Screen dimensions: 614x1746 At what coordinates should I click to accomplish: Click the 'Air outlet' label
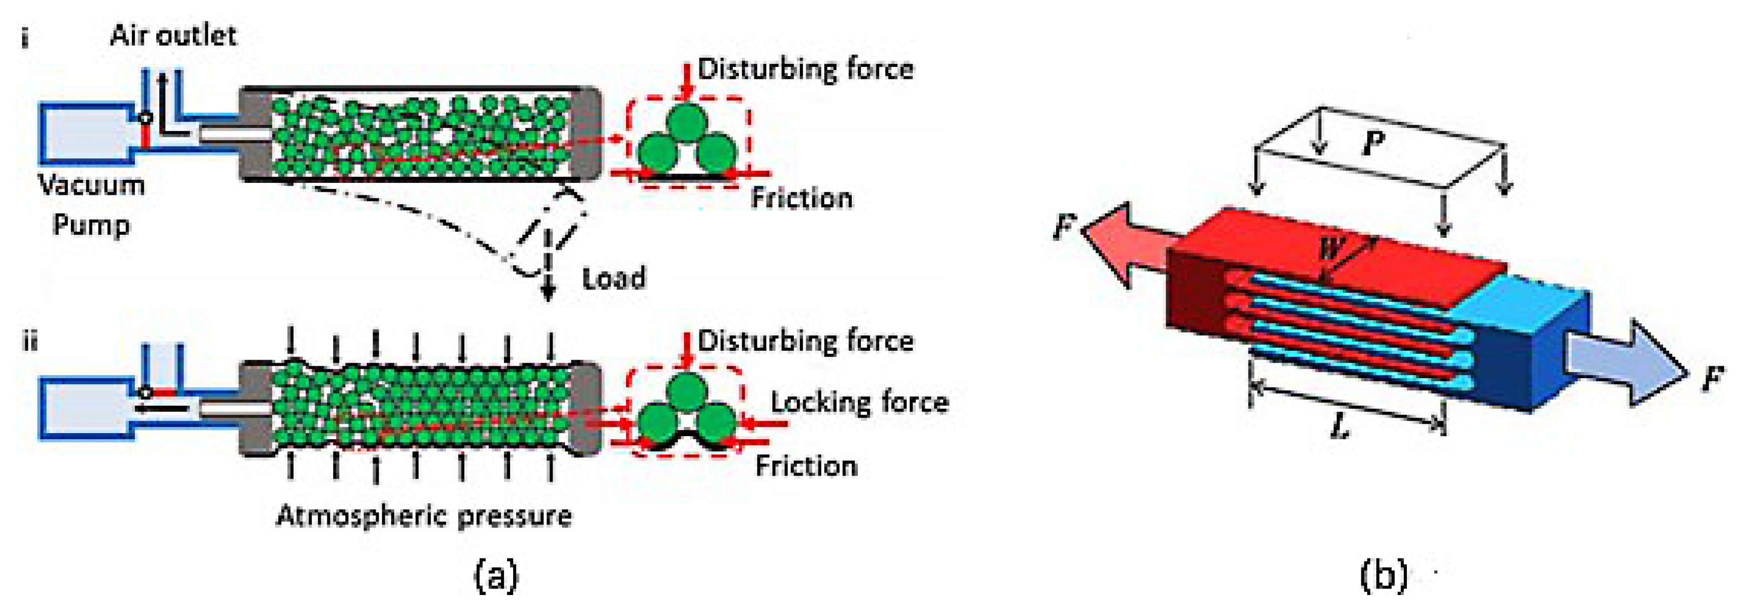click(x=173, y=35)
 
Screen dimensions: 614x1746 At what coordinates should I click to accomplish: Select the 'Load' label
click(x=614, y=278)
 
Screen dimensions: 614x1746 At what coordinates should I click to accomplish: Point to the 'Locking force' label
click(x=859, y=403)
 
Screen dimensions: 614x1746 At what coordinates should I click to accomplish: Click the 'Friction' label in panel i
click(x=802, y=198)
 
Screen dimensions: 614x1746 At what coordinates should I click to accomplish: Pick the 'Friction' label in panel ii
click(x=807, y=466)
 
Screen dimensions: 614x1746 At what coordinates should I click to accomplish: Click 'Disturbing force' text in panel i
click(x=806, y=69)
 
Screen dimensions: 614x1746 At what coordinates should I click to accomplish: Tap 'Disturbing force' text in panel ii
click(x=806, y=341)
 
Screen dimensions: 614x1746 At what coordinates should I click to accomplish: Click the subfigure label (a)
click(x=496, y=576)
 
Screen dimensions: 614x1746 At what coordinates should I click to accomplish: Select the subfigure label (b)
click(x=1383, y=576)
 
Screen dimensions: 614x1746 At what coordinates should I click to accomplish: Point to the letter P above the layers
click(x=1373, y=144)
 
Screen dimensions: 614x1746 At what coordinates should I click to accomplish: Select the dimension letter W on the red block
click(x=1330, y=249)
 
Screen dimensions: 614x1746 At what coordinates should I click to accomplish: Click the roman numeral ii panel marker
click(x=29, y=341)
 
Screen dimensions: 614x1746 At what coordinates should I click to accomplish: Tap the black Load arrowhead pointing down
click(x=548, y=293)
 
